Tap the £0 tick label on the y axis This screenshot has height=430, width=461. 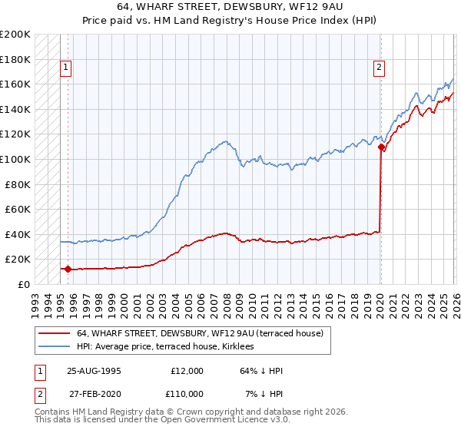(22, 284)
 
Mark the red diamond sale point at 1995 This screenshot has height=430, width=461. (68, 269)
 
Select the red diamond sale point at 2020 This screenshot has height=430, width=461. (381, 147)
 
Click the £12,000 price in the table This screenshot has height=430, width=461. (187, 371)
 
